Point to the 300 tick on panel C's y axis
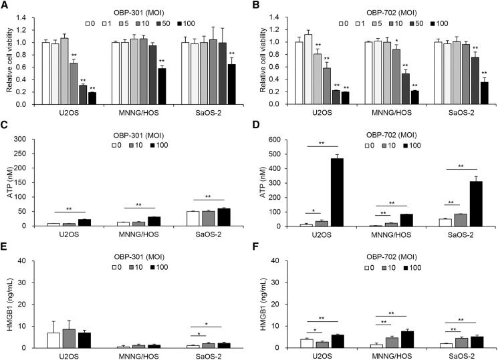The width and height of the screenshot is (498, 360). pyautogui.click(x=31, y=139)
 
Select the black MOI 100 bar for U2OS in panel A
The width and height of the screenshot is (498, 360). pyautogui.click(x=92, y=98)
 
